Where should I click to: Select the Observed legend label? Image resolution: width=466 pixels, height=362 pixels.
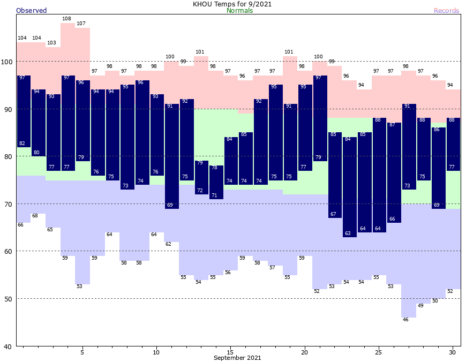click(32, 11)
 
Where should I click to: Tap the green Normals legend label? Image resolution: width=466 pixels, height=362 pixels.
click(239, 11)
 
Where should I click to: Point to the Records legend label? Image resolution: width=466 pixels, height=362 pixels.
click(446, 11)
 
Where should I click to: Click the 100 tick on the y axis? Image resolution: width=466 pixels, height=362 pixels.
click(7, 62)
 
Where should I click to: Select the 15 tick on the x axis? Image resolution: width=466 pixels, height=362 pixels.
click(230, 352)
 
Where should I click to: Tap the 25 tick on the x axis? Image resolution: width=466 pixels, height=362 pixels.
click(378, 352)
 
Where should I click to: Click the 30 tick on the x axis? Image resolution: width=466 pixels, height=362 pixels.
click(452, 352)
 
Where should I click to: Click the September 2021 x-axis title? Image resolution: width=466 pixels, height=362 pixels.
click(237, 358)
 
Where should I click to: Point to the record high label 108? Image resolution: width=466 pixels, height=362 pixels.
click(67, 19)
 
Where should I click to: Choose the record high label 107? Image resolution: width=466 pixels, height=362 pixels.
click(81, 24)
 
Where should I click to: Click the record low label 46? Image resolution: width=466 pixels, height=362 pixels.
click(405, 320)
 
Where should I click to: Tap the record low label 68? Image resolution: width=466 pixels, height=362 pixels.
click(35, 216)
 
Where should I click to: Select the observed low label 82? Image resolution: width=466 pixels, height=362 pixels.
click(22, 144)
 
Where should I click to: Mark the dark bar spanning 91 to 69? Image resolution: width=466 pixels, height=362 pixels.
click(171, 156)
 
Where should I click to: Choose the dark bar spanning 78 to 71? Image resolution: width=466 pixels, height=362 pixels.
click(216, 182)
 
